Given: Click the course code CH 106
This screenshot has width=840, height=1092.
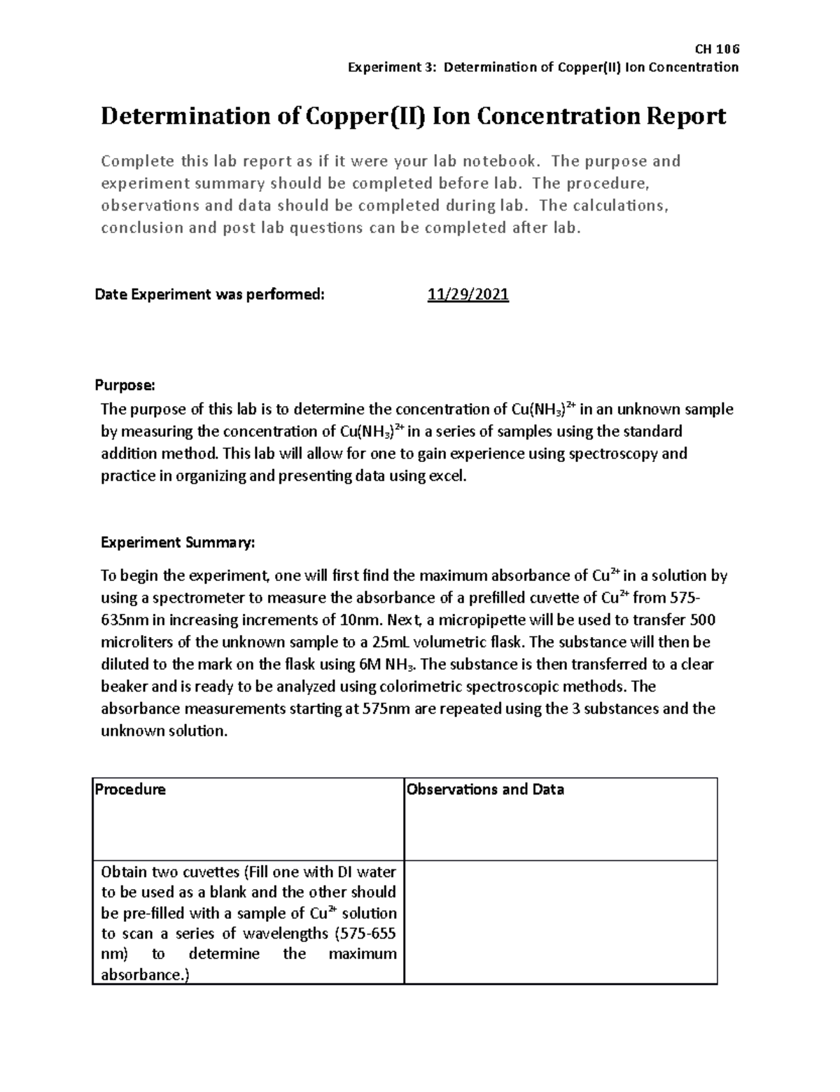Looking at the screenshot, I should [716, 49].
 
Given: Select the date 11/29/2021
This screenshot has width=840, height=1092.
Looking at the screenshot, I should [468, 295].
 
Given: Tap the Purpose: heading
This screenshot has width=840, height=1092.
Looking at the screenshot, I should [124, 385].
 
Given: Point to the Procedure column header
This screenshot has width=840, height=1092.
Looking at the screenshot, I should [130, 790].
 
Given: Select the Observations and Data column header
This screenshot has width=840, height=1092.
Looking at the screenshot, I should [485, 790].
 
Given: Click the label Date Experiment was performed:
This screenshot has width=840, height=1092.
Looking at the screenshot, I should [210, 295].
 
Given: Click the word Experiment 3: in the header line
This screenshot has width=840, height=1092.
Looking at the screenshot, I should [393, 67].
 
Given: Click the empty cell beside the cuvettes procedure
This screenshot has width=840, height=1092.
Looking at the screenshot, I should [561, 922].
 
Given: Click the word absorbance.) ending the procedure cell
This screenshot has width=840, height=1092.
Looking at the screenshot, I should [145, 974].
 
